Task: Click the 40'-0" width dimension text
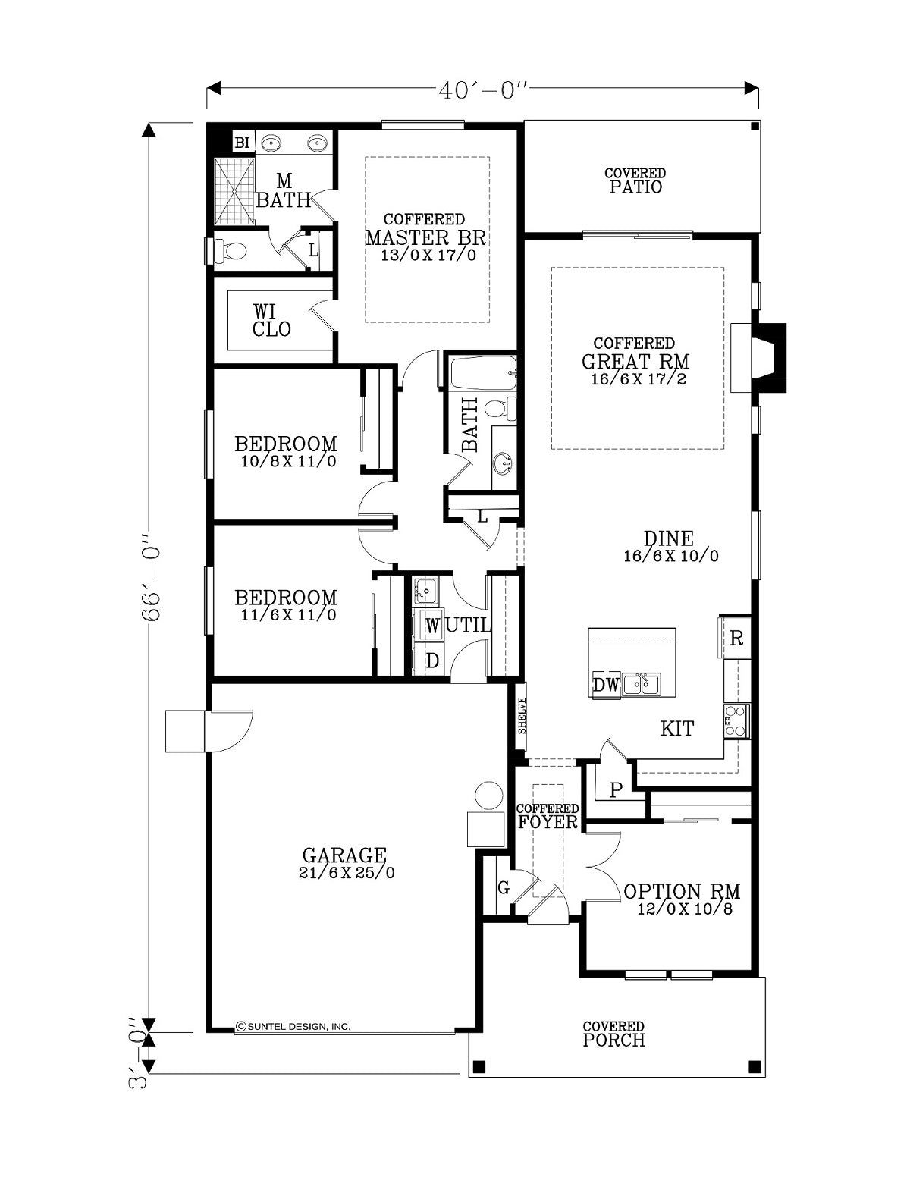pyautogui.click(x=482, y=90)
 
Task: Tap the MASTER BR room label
pyautogui.click(x=425, y=238)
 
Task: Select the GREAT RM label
pyautogui.click(x=635, y=361)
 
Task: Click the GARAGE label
pyautogui.click(x=344, y=855)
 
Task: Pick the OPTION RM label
pyautogui.click(x=682, y=892)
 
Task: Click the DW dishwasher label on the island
pyautogui.click(x=606, y=685)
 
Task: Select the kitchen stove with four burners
pyautogui.click(x=737, y=721)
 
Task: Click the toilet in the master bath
pyautogui.click(x=230, y=250)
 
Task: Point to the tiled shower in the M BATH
pyautogui.click(x=234, y=190)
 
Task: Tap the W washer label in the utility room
pyautogui.click(x=432, y=626)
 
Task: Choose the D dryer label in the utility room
pyautogui.click(x=432, y=661)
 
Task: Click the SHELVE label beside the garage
pyautogui.click(x=522, y=715)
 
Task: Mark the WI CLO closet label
pyautogui.click(x=271, y=321)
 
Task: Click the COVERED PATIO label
pyautogui.click(x=635, y=181)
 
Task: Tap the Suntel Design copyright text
pyautogui.click(x=293, y=1026)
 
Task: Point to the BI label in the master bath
pyautogui.click(x=242, y=143)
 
